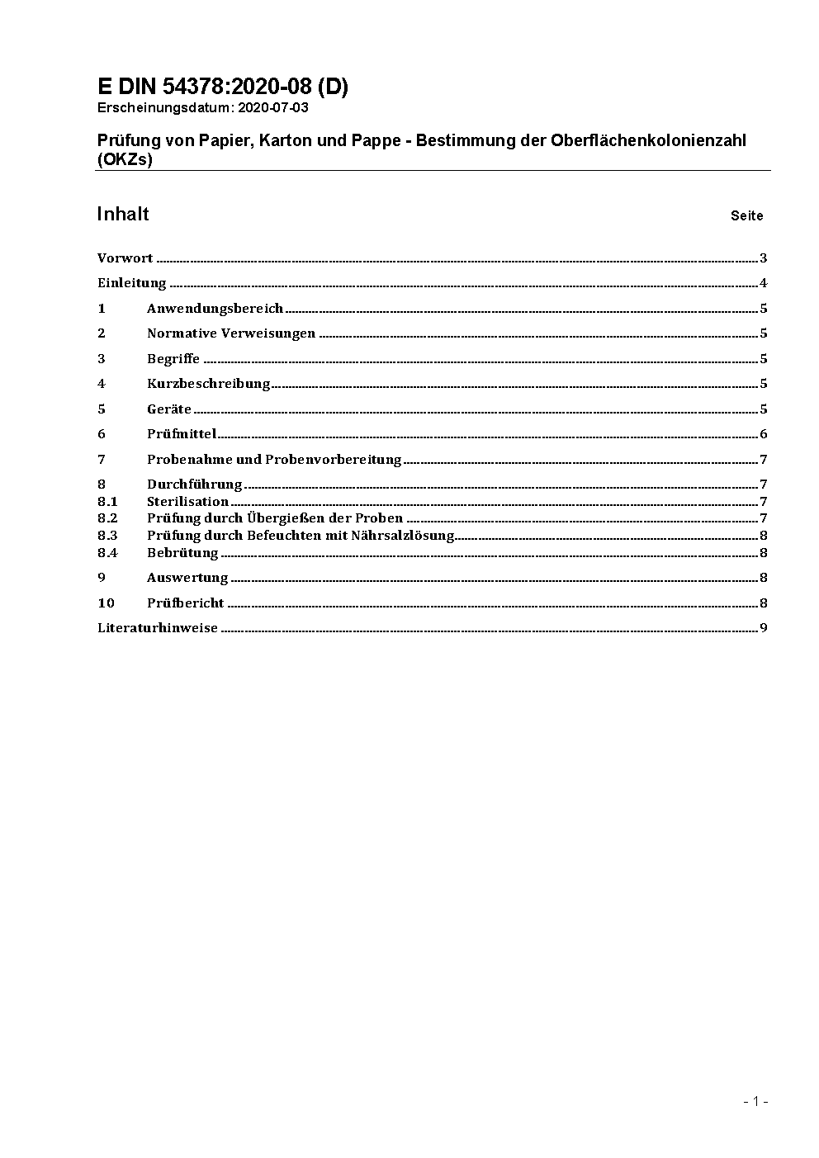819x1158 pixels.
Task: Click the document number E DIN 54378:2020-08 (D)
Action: (x=223, y=87)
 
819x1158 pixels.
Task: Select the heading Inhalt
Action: (x=123, y=215)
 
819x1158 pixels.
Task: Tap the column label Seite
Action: (x=746, y=216)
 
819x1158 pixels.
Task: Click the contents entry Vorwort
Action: (x=125, y=258)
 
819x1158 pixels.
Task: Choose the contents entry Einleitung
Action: (x=132, y=283)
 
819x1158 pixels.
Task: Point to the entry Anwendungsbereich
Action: (x=215, y=309)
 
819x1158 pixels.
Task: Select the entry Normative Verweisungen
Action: (x=231, y=333)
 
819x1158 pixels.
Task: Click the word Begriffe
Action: (x=173, y=359)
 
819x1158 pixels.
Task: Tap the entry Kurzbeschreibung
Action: (x=209, y=384)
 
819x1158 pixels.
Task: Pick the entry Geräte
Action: (x=169, y=409)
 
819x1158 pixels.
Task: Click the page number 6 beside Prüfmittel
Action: (x=764, y=434)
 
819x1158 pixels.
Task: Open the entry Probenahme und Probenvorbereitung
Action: (x=274, y=460)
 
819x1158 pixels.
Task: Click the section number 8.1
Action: (x=107, y=502)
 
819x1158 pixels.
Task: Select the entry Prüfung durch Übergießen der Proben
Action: (x=275, y=518)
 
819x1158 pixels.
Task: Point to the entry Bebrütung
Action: (x=182, y=553)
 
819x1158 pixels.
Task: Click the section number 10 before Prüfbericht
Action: (x=106, y=603)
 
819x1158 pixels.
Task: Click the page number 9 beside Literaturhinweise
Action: (x=764, y=628)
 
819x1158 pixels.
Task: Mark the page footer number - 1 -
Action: (x=756, y=1102)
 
